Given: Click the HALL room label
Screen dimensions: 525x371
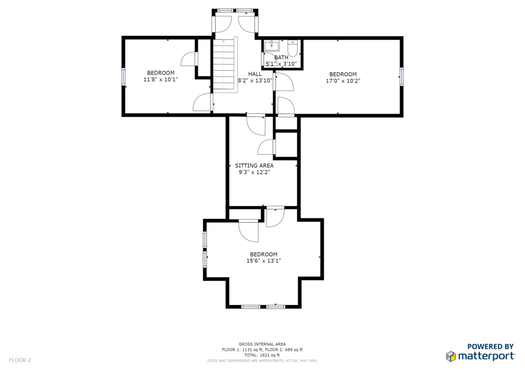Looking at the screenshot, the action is tap(255, 74).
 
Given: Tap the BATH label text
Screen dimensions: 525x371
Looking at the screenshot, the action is tap(281, 57).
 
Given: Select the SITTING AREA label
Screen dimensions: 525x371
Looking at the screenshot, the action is tap(254, 166).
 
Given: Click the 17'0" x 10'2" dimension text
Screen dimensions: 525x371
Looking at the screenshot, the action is tap(343, 80).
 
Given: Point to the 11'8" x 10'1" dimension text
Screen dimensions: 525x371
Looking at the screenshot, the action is tap(160, 79).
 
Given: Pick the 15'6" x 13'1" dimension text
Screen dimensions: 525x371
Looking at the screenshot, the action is tap(264, 261).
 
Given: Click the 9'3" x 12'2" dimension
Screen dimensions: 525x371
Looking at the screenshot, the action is tap(254, 172).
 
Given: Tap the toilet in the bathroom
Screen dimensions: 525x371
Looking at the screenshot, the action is tap(293, 48).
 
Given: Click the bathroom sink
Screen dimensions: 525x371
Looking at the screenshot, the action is tap(272, 46).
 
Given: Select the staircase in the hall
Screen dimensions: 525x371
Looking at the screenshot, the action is tap(225, 65).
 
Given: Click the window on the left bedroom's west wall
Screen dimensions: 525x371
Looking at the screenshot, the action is tap(123, 76).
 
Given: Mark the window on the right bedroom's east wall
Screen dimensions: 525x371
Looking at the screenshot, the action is tap(401, 77).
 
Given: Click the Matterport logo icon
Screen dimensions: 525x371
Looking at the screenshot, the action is tap(451, 356).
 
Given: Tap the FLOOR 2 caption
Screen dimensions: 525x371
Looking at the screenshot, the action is tap(20, 360).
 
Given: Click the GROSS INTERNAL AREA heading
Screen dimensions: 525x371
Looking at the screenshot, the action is tap(262, 344).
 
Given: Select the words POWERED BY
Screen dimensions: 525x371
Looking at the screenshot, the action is tap(491, 346).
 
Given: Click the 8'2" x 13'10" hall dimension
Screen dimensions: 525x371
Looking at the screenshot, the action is tap(255, 80).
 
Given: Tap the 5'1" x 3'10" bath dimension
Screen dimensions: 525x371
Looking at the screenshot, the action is tap(281, 64).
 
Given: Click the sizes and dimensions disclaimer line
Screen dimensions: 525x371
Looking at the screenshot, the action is tap(262, 361).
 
